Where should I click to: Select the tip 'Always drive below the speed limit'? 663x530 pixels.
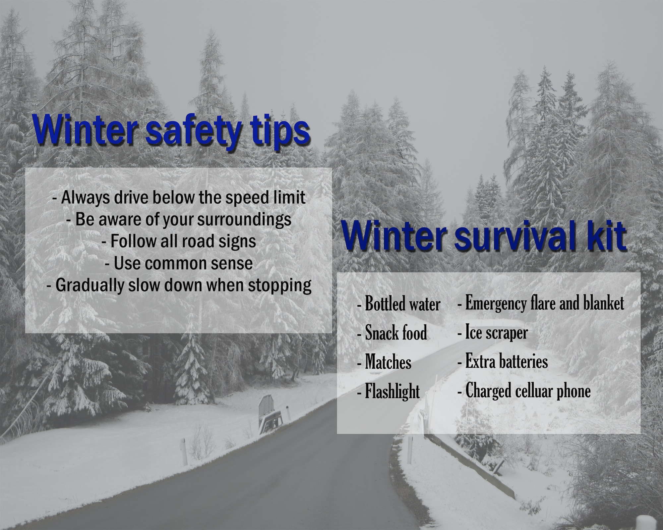pos(179,198)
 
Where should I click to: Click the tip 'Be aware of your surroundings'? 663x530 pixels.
pos(179,219)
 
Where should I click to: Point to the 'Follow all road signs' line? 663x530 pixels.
pos(179,241)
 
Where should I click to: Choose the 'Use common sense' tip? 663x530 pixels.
pos(179,263)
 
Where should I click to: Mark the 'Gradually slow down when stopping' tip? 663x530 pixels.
pos(179,285)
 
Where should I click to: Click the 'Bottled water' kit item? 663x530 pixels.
pos(399,304)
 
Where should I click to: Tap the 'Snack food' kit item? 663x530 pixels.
pos(392,333)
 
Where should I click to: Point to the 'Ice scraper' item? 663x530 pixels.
pos(493,332)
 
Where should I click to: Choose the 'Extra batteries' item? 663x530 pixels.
pos(503,361)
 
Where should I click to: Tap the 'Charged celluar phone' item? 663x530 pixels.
pos(524,391)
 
